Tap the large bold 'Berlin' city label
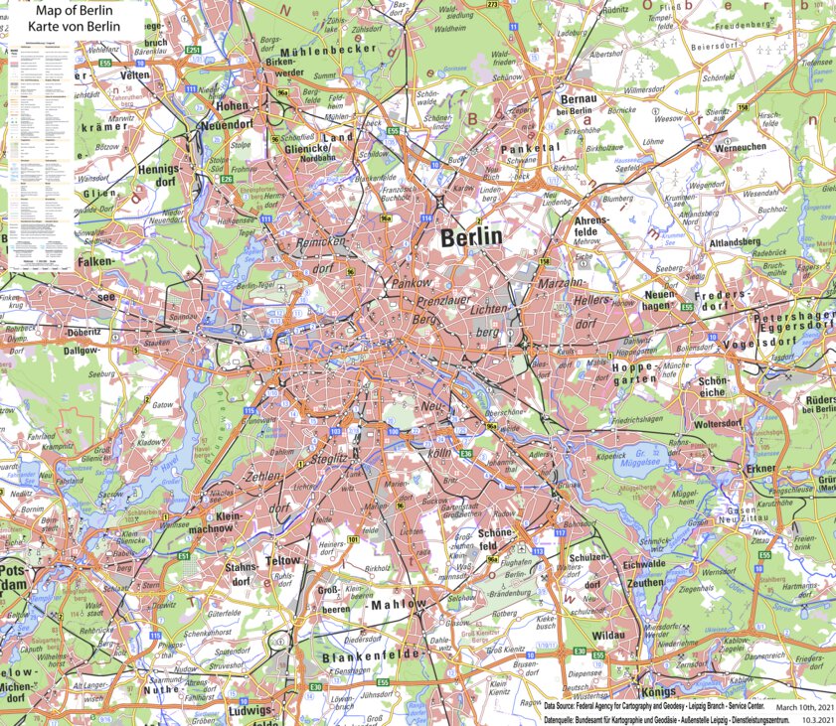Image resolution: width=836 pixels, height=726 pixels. pyautogui.click(x=471, y=237)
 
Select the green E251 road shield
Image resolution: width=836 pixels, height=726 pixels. pyautogui.click(x=194, y=50)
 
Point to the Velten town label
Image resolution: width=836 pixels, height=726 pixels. pyautogui.click(x=134, y=75)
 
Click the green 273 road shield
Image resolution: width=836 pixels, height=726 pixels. pyautogui.click(x=493, y=4)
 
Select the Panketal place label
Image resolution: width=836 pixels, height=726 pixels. pyautogui.click(x=531, y=147)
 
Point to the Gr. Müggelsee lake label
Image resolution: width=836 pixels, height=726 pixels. pyautogui.click(x=647, y=456)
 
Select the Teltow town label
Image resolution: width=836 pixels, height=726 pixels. pyautogui.click(x=283, y=561)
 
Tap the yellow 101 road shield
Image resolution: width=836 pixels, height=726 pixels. pyautogui.click(x=352, y=540)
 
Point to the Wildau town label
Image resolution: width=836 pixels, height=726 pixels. pyautogui.click(x=607, y=634)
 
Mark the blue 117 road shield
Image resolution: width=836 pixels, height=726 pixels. pyautogui.click(x=560, y=533)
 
